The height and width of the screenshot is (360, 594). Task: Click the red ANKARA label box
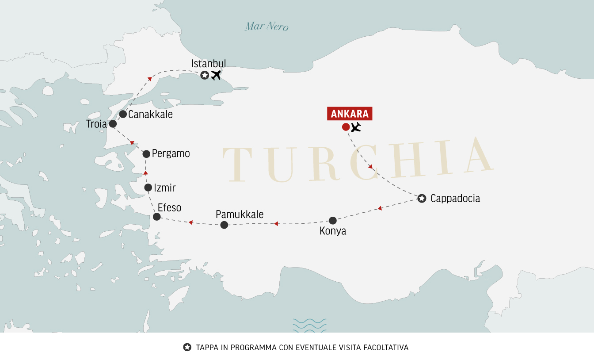click(350, 114)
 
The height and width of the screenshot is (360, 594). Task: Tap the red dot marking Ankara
click(346, 127)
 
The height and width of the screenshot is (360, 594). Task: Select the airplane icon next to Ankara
click(356, 128)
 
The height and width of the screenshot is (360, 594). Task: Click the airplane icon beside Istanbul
click(216, 75)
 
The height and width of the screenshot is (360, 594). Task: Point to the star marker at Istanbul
click(204, 75)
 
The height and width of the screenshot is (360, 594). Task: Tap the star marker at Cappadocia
click(422, 199)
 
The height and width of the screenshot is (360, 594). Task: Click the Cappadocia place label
click(455, 199)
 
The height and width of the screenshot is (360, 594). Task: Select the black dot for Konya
click(333, 220)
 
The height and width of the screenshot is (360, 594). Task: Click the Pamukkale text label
click(240, 214)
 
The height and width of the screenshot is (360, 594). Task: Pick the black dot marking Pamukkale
click(224, 225)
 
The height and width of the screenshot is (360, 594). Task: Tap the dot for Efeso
click(156, 217)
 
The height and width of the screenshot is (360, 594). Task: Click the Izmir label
click(164, 188)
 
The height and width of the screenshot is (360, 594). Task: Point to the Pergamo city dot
click(146, 154)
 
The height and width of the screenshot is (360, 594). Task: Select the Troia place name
click(96, 124)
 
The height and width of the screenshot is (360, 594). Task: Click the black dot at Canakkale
click(123, 114)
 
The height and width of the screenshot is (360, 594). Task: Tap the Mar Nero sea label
click(267, 27)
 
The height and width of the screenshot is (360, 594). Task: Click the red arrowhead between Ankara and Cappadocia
click(371, 167)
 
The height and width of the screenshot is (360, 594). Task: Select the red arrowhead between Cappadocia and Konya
click(380, 208)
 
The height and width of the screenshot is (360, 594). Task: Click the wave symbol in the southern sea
click(309, 325)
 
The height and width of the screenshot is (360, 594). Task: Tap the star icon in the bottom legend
click(187, 347)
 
